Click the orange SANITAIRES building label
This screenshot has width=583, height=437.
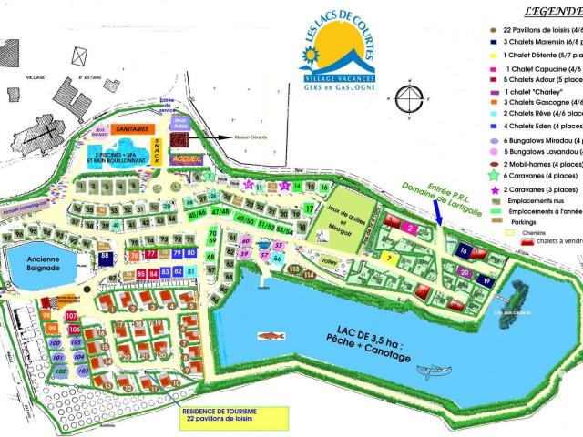[131, 131]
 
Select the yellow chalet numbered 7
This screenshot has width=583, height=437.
[388, 259]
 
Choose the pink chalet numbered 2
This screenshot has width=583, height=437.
[410, 228]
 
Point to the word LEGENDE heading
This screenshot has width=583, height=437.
[552, 13]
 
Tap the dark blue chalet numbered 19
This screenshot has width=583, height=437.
[486, 281]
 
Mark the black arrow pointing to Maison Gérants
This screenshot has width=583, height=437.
[215, 138]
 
